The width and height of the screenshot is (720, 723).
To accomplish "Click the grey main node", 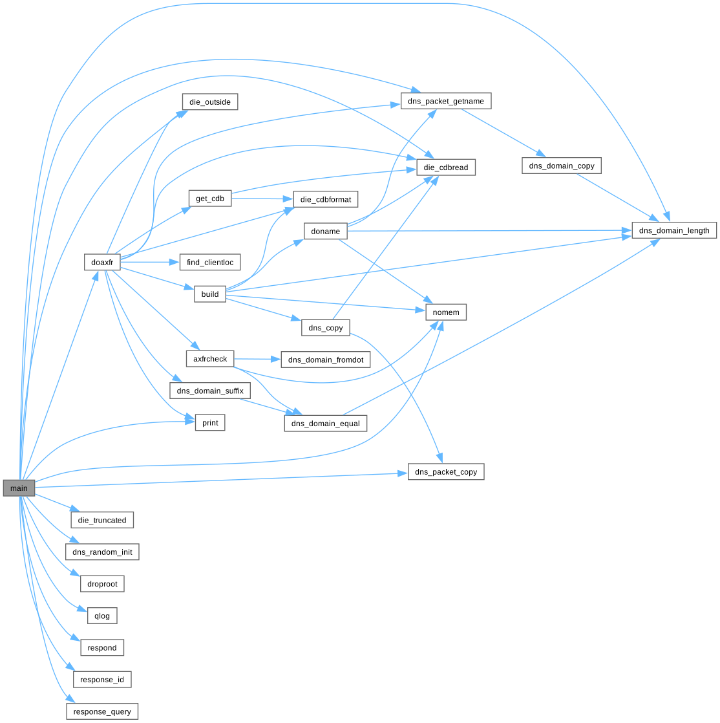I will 19,488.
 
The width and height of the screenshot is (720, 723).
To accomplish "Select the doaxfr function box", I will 102,262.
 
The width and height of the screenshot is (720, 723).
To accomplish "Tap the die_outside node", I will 210,102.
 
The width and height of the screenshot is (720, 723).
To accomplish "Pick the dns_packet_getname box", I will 446,101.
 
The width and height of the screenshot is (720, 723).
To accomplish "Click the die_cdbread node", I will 446,167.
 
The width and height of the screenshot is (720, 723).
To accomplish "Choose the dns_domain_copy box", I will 562,166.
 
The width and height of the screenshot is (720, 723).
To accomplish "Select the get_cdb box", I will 210,199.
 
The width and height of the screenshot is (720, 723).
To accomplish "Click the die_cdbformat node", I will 326,199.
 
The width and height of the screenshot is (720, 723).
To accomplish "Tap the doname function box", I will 326,231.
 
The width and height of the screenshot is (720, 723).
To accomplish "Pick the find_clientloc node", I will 210,263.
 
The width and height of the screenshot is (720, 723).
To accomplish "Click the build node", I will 210,294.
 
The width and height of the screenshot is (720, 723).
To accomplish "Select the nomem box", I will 446,312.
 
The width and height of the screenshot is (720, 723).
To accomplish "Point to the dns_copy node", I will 326,328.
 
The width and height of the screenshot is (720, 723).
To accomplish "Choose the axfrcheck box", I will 210,359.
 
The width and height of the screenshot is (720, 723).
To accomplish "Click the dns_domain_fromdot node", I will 326,360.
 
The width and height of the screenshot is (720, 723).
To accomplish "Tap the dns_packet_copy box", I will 446,471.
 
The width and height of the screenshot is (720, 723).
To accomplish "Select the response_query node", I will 102,711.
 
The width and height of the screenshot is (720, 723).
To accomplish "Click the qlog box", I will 102,616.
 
